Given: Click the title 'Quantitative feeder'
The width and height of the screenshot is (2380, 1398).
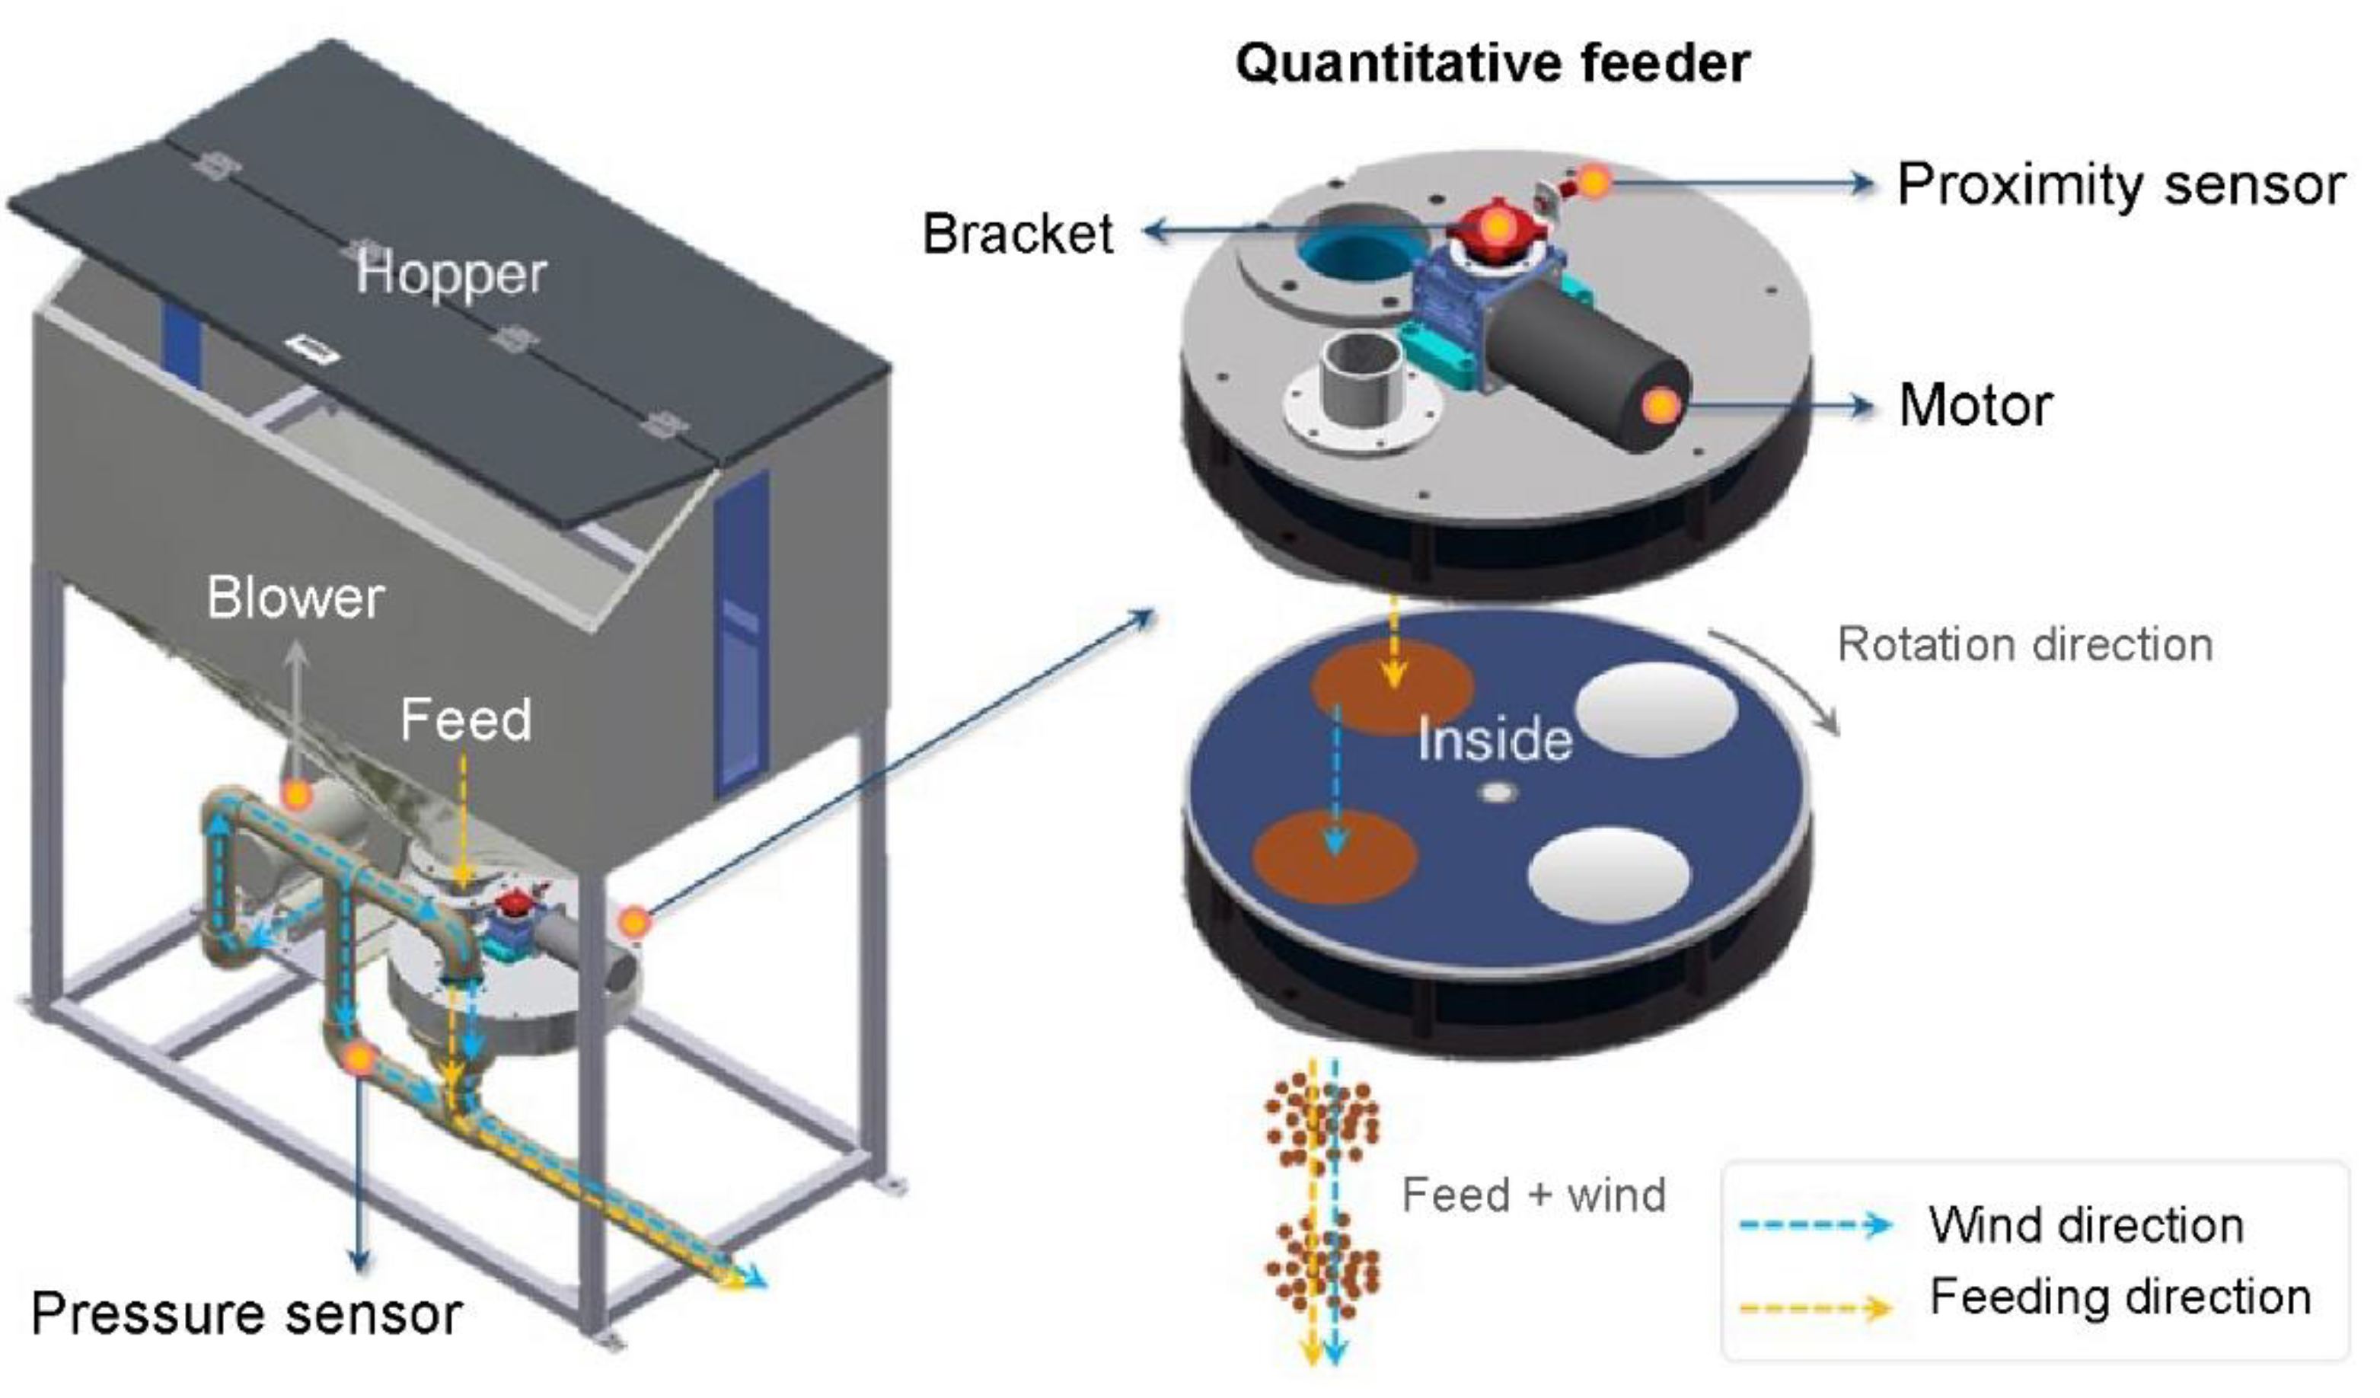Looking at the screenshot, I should (1492, 64).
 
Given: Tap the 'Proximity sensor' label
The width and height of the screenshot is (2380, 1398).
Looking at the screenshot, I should (2120, 184).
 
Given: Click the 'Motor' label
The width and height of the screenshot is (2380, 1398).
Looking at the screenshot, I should (1976, 405).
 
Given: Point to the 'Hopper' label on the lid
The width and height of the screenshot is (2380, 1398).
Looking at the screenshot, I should (451, 274).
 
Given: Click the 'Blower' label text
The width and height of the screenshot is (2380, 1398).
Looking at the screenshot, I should (295, 598).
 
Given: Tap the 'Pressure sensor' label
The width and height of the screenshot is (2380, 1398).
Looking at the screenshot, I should (247, 1313).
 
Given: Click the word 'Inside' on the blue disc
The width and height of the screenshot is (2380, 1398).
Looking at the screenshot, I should (1494, 739).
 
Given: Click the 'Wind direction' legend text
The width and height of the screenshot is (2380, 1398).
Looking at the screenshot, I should (2086, 1225).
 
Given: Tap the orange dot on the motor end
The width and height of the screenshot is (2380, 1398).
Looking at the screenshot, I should (1661, 406).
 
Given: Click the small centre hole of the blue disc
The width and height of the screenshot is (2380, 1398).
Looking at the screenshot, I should (1496, 793).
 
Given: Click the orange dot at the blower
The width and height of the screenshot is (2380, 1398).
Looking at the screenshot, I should (297, 796).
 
